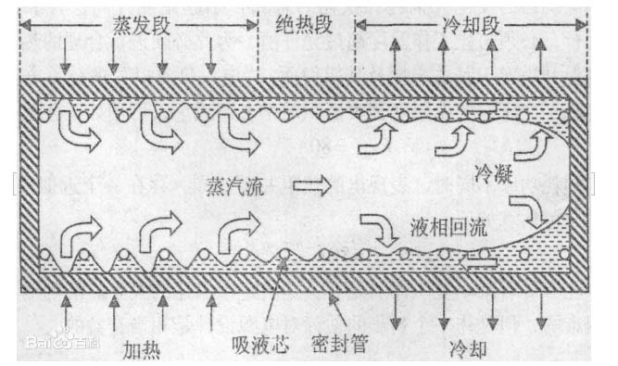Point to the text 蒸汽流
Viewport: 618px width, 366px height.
pos(236,187)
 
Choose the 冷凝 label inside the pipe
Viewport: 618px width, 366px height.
pos(492,171)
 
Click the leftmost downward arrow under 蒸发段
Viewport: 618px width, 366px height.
pos(63,56)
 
